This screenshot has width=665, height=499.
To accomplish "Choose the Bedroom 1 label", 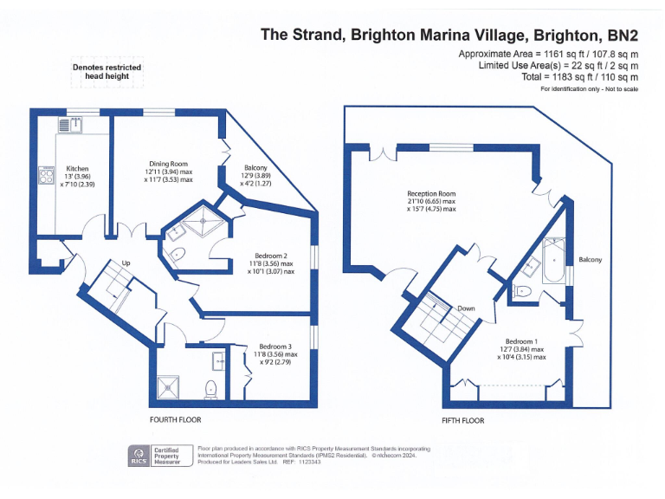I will [x=521, y=341].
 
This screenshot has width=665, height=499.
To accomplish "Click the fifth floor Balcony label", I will [x=590, y=260].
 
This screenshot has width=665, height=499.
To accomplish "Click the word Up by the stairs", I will [x=126, y=263].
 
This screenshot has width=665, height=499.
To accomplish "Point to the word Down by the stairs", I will [x=466, y=308].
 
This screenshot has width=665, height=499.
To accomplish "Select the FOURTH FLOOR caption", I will [x=176, y=419].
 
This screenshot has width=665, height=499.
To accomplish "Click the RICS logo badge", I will [x=138, y=455].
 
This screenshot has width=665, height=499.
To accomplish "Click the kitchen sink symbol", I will [x=70, y=125].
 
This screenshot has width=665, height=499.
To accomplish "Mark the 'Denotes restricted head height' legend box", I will [x=107, y=72].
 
